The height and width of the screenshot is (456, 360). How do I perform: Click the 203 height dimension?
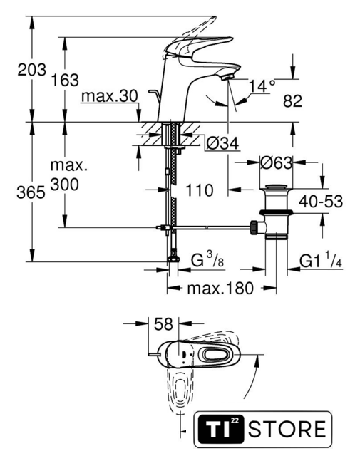(31, 70)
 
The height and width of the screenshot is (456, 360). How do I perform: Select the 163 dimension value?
(65, 80)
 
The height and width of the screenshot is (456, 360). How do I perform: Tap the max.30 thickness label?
(110, 96)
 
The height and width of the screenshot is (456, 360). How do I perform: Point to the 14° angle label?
(262, 85)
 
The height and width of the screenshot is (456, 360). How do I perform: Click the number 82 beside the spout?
(292, 101)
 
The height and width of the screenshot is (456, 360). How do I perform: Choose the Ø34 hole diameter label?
(223, 143)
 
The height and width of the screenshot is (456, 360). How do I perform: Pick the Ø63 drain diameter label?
(276, 163)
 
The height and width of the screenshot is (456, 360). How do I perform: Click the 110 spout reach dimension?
(200, 190)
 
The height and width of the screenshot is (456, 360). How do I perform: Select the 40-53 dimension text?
(321, 201)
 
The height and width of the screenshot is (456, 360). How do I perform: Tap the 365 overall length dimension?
(31, 192)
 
